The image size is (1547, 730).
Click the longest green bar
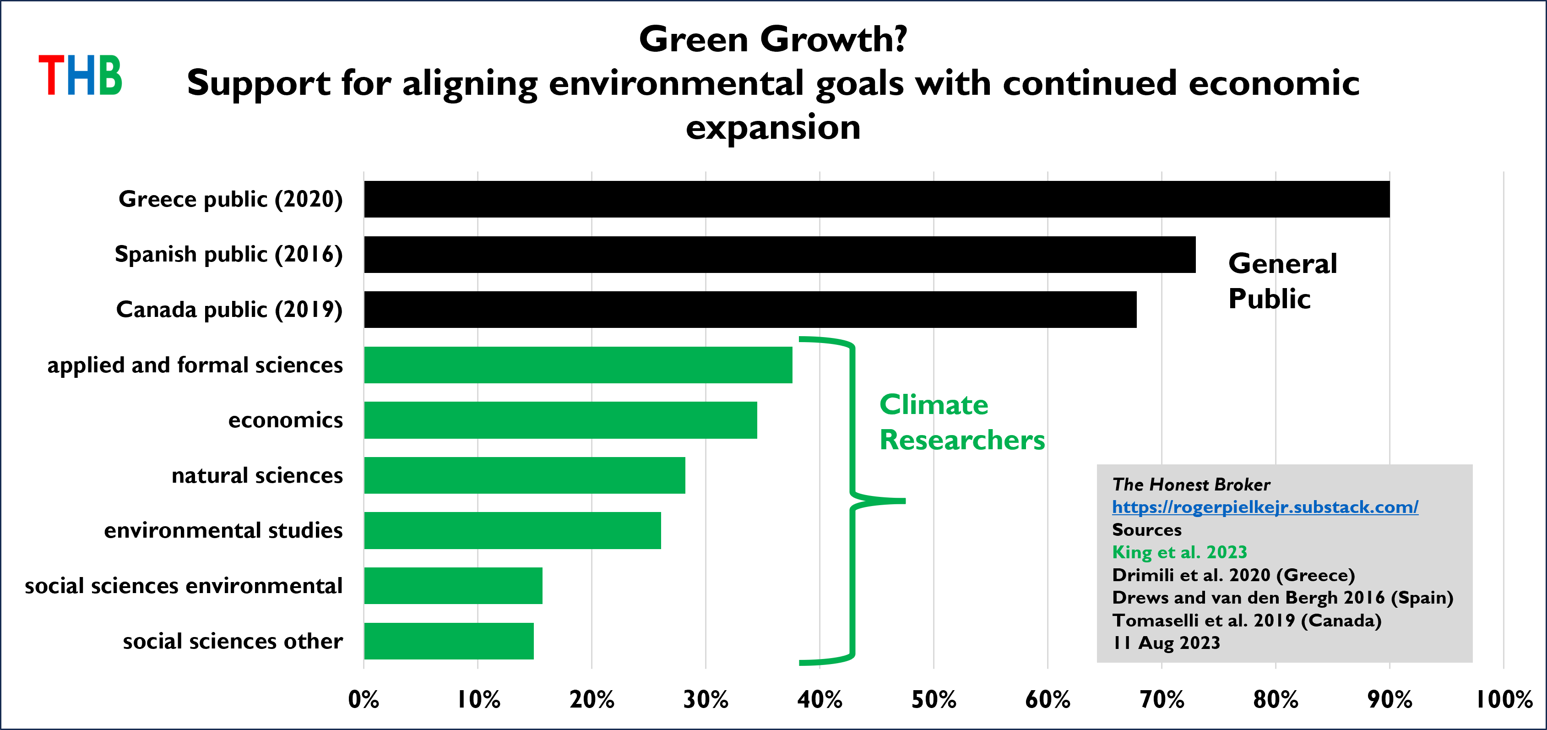pyautogui.click(x=578, y=365)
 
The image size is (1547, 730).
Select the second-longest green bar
pyautogui.click(x=560, y=420)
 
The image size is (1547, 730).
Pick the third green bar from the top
pyautogui.click(x=524, y=475)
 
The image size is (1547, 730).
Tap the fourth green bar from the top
pyautogui.click(x=512, y=530)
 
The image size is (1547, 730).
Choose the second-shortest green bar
pyautogui.click(x=453, y=586)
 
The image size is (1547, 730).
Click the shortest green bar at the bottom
pyautogui.click(x=449, y=641)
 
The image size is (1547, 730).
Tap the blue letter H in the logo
pyautogui.click(x=81, y=75)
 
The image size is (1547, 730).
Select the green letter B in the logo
pyautogui.click(x=110, y=75)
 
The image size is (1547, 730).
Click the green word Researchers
pyautogui.click(x=962, y=440)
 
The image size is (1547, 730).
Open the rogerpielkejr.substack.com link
pyautogui.click(x=1265, y=507)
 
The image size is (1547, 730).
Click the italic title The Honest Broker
pyautogui.click(x=1191, y=484)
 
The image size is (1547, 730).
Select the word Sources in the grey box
pyautogui.click(x=1146, y=530)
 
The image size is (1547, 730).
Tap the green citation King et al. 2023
pyautogui.click(x=1179, y=552)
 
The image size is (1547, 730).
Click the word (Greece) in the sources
pyautogui.click(x=1315, y=575)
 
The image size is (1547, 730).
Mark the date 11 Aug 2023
pyautogui.click(x=1166, y=643)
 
